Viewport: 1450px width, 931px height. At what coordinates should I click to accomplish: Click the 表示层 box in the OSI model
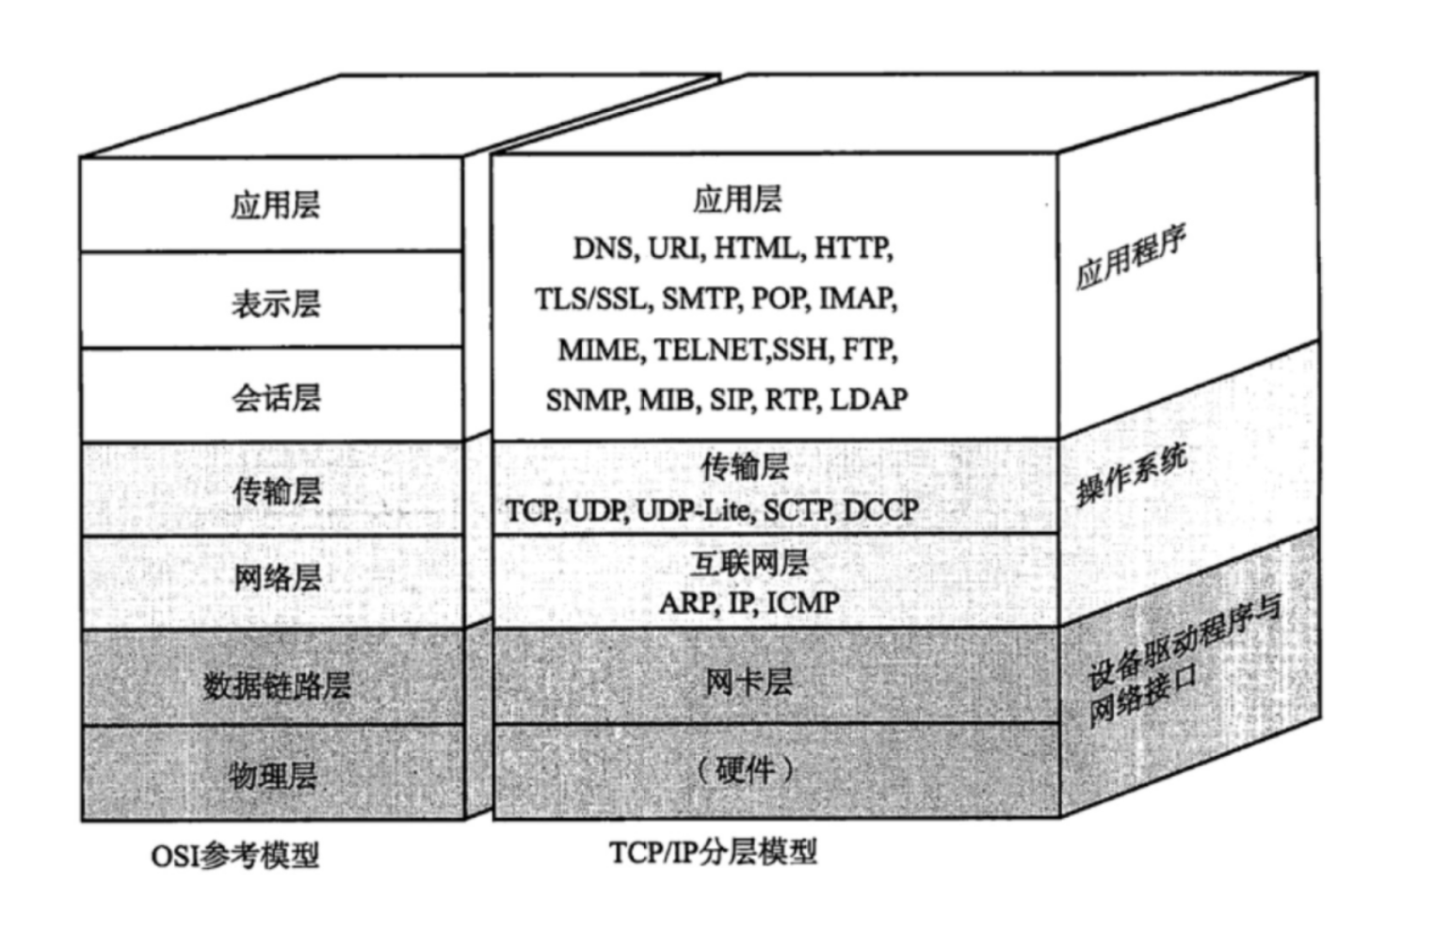pos(275,303)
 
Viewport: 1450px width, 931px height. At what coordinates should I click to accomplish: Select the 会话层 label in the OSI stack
pos(275,397)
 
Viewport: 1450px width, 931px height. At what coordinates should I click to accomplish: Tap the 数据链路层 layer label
pos(276,684)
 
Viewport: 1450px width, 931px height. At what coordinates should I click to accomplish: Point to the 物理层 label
pos(273,776)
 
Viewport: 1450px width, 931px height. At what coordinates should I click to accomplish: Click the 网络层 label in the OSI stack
pos(276,578)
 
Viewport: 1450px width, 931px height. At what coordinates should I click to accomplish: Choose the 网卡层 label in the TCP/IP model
pos(749,681)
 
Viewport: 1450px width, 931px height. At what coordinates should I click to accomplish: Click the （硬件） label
pos(746,770)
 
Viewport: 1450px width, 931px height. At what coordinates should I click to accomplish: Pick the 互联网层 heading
pos(749,562)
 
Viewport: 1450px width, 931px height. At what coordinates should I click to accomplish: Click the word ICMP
pos(802,602)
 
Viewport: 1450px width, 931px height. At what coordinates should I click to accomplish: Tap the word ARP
pos(687,602)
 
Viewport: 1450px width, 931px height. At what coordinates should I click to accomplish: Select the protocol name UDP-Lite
pos(694,511)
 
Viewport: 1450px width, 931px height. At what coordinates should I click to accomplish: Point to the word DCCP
pos(880,511)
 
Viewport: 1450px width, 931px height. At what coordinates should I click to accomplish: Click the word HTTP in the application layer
pos(852,249)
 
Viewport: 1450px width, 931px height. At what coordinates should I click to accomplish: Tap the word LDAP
pos(869,399)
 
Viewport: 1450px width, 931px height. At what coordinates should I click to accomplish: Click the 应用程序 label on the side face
pos(1130,257)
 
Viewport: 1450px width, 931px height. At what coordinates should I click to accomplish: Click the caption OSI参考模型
pos(235,856)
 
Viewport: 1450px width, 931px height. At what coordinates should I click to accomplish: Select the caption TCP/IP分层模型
pos(713,853)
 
